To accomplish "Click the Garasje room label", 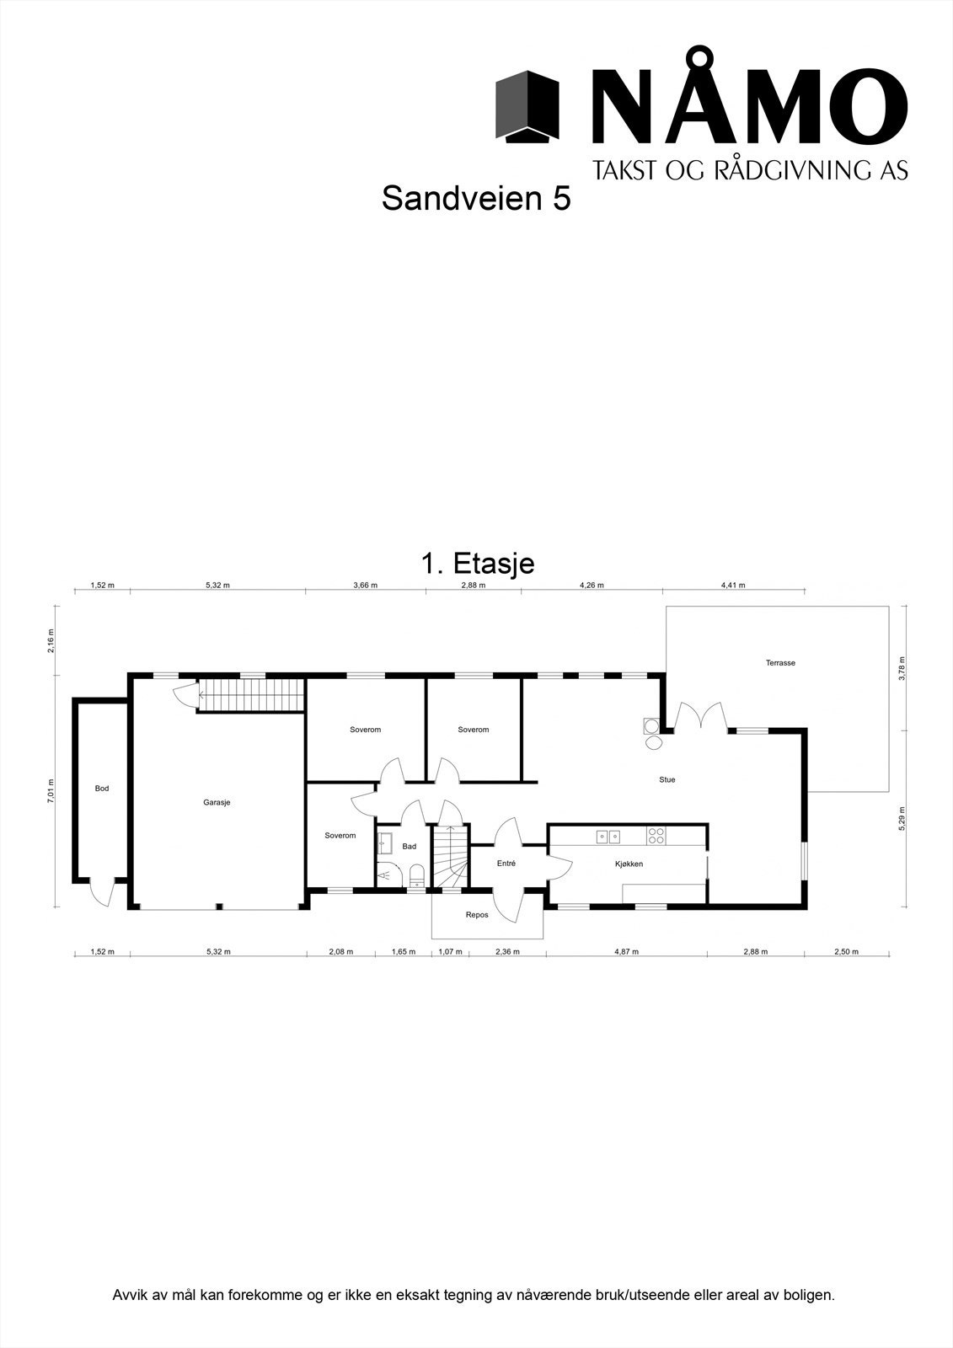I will click(x=217, y=803).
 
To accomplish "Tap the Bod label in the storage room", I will click(x=102, y=789).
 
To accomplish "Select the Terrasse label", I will click(x=779, y=663).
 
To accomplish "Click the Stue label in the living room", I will click(x=667, y=780).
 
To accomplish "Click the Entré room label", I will click(x=506, y=864).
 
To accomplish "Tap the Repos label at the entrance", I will click(x=477, y=915).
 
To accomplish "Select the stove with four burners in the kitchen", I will click(x=656, y=836).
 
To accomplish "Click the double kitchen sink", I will click(x=608, y=837).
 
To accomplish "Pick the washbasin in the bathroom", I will click(x=385, y=840).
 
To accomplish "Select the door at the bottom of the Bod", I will click(x=101, y=891).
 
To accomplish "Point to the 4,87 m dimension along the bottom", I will click(x=626, y=952).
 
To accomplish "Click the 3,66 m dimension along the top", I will click(x=365, y=585).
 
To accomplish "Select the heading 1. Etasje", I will click(x=476, y=563).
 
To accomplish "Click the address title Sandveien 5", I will click(x=476, y=199).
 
